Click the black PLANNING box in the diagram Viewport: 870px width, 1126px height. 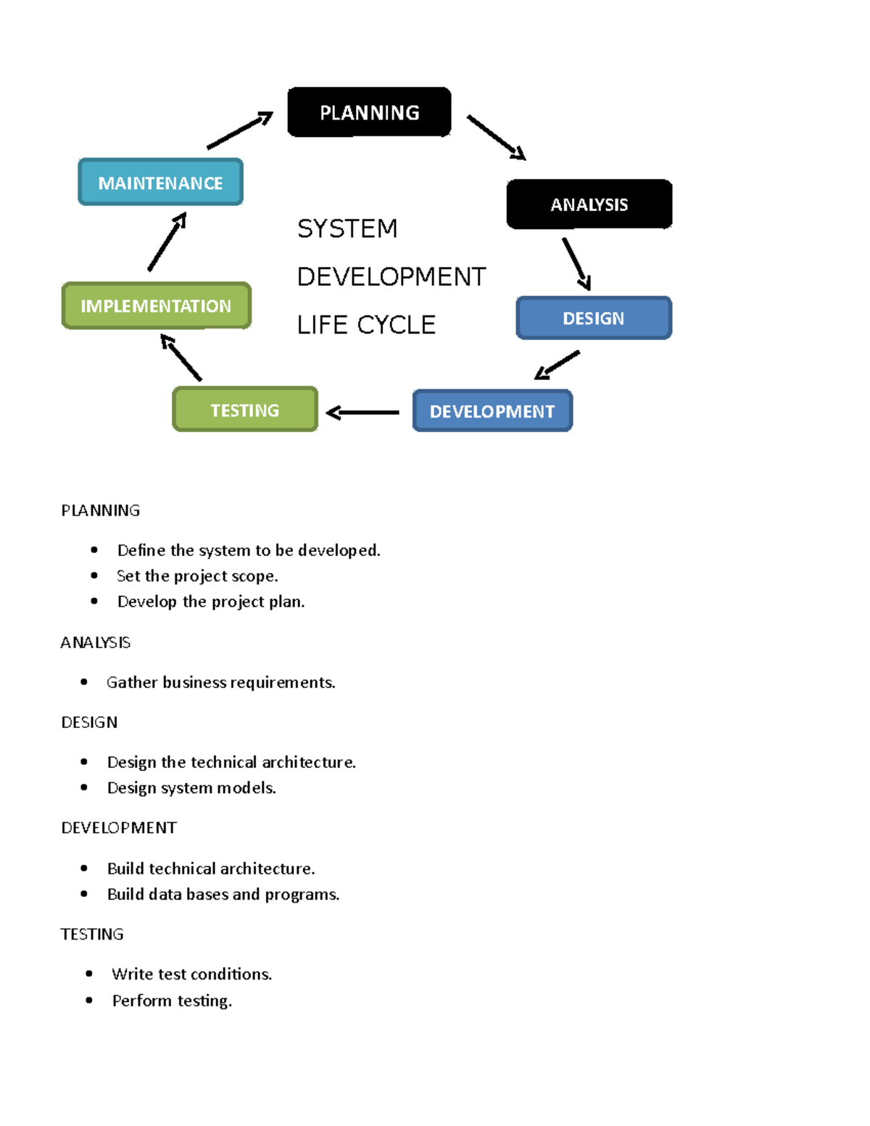click(x=369, y=112)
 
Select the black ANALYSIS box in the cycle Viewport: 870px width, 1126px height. click(x=589, y=204)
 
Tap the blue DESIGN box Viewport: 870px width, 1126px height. click(x=593, y=318)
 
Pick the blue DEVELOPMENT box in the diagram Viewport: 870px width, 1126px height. click(x=492, y=411)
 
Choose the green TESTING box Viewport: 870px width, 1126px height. click(x=245, y=410)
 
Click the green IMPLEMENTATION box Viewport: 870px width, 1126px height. click(x=156, y=306)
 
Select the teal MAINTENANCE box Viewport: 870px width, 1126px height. click(x=160, y=183)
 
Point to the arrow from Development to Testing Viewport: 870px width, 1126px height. click(x=362, y=413)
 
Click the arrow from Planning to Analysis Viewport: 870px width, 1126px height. click(x=496, y=137)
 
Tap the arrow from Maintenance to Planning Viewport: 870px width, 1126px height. click(x=239, y=131)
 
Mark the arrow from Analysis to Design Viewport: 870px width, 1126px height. click(x=577, y=264)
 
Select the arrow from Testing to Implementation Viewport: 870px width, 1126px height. click(x=181, y=357)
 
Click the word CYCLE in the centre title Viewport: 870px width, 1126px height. click(x=396, y=325)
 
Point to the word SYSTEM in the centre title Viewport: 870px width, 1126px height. click(x=347, y=228)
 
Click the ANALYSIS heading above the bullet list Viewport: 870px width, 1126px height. click(x=96, y=642)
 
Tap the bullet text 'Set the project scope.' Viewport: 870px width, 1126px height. click(x=197, y=576)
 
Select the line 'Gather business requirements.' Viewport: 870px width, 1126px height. click(x=220, y=682)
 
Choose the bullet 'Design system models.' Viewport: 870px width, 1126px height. click(x=191, y=787)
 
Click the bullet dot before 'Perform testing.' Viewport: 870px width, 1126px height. click(x=89, y=1001)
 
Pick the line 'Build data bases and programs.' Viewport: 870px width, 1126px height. click(x=223, y=894)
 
